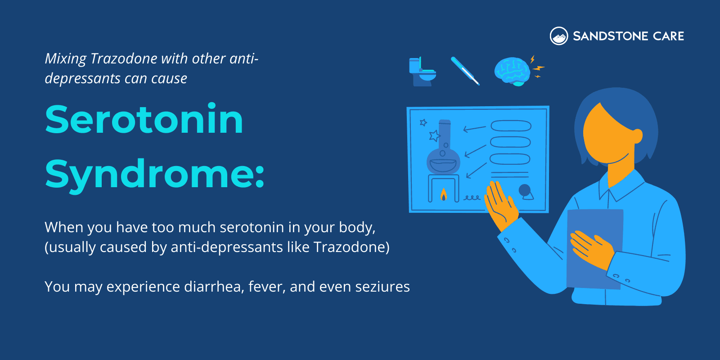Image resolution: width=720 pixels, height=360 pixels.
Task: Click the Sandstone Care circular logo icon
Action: [559, 36]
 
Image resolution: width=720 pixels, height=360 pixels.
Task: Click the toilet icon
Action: [422, 72]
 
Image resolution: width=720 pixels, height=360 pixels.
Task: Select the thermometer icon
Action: [465, 71]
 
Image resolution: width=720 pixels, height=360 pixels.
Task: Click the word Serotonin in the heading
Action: [144, 120]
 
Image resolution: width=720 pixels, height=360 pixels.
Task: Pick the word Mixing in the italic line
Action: [66, 58]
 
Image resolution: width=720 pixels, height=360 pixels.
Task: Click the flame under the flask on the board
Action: [444, 194]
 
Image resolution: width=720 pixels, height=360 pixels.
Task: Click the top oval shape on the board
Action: [511, 126]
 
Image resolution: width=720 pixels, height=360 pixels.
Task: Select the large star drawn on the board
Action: [434, 135]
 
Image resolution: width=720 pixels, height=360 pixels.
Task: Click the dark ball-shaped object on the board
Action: [525, 190]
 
